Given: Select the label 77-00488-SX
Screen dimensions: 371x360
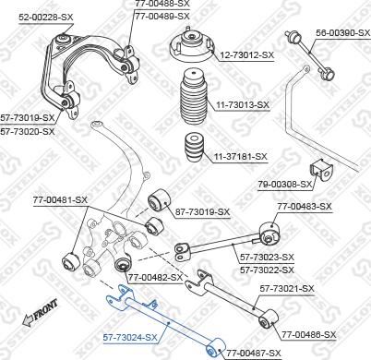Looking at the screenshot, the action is [162, 5].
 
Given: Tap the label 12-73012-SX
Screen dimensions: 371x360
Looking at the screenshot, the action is [245, 54].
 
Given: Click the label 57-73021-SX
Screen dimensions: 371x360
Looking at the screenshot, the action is [286, 289].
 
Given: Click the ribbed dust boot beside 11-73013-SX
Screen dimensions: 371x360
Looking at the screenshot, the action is [196, 101].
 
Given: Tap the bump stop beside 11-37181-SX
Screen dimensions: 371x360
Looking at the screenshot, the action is [194, 149].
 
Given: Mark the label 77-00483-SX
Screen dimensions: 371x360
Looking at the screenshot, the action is [305, 205].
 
